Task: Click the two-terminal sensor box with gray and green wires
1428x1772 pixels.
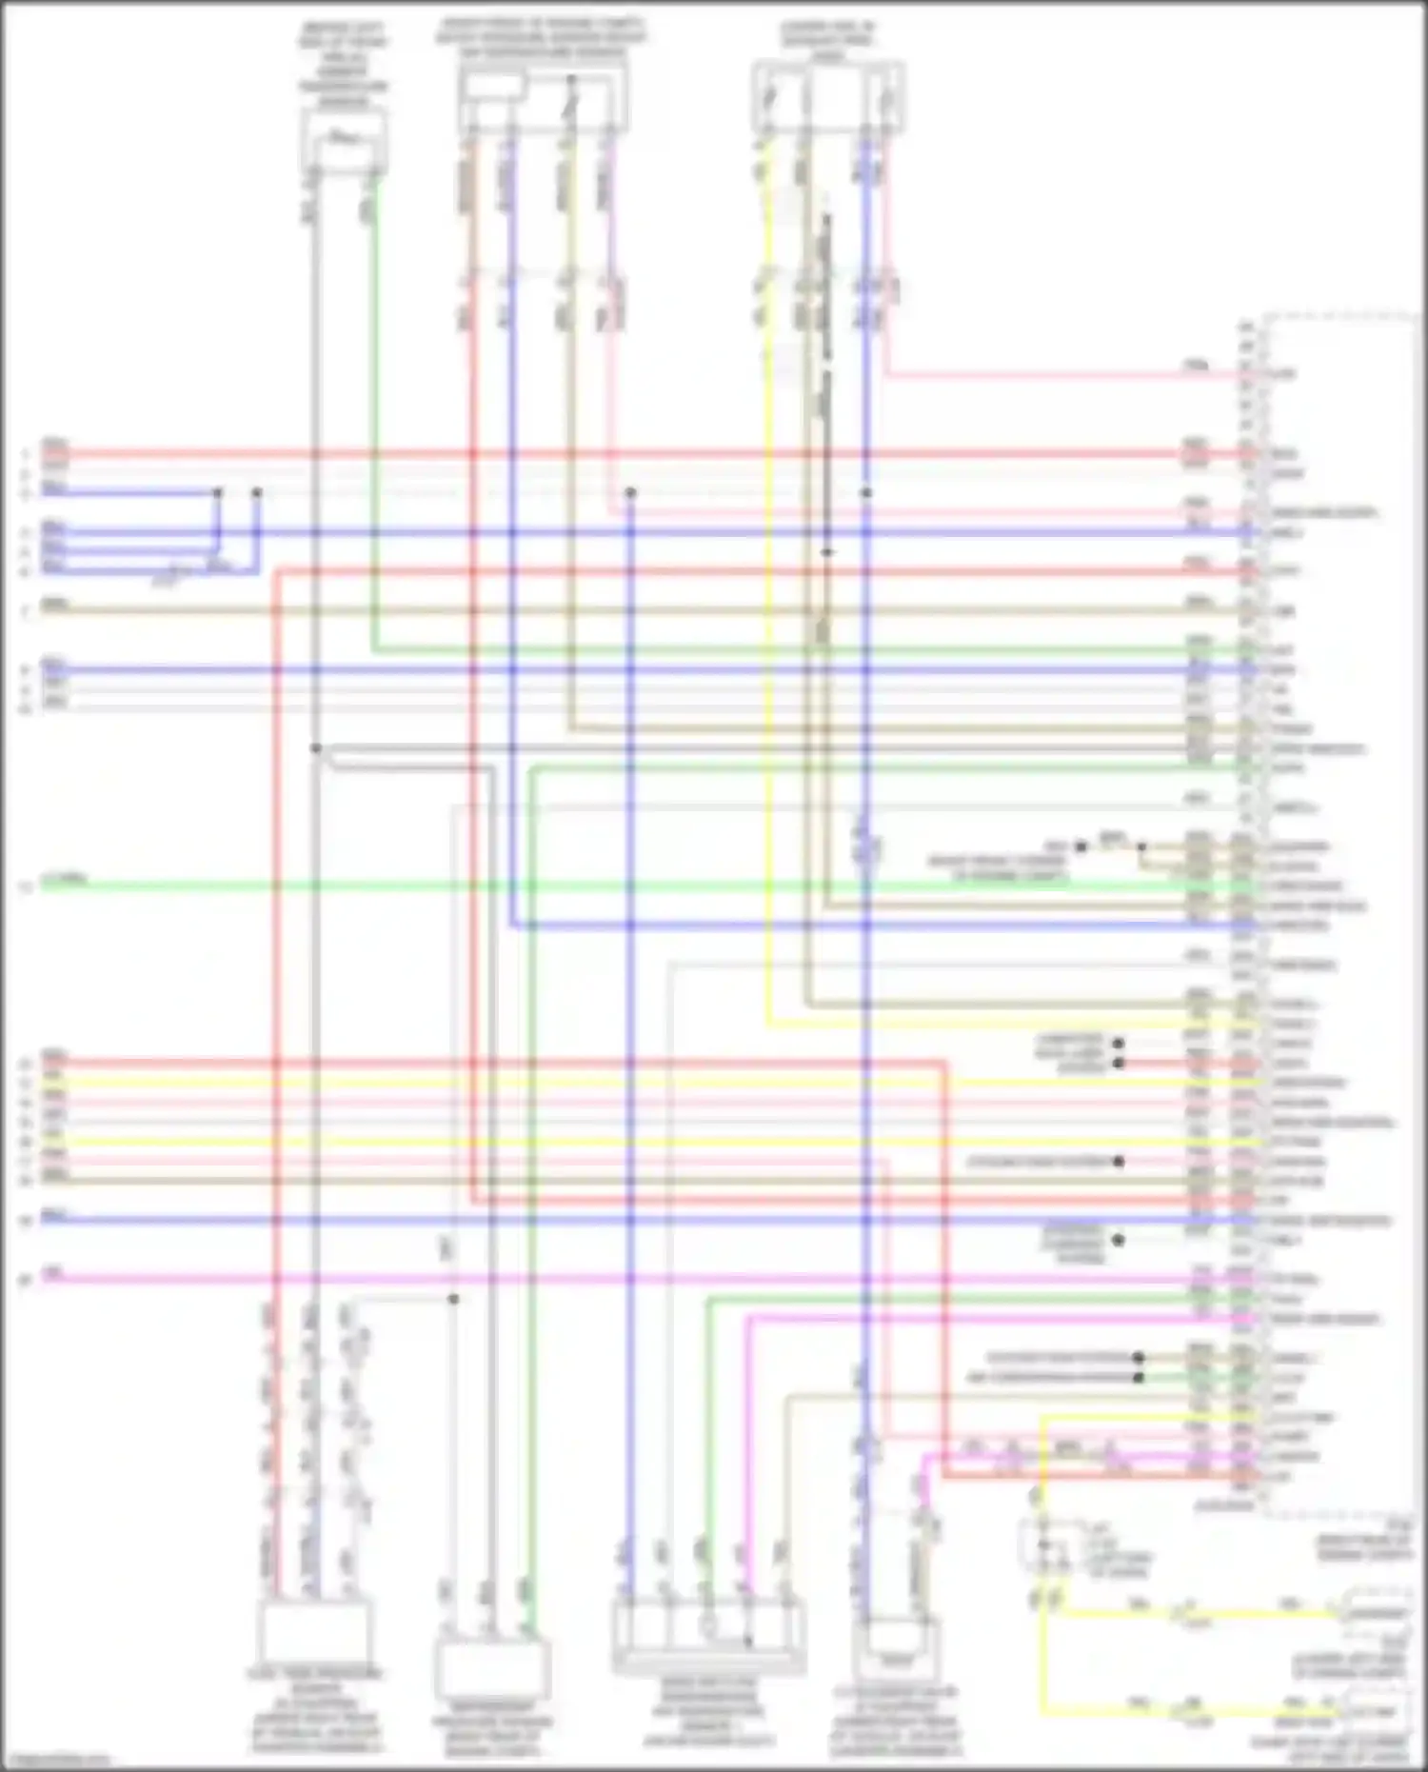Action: point(344,140)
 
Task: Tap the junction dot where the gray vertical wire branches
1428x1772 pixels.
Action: point(316,748)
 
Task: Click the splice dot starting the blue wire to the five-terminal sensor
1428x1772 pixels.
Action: point(630,493)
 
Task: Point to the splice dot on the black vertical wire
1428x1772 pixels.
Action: point(826,552)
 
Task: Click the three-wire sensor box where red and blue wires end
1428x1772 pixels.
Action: point(314,1630)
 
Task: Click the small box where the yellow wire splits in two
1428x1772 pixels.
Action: point(1044,1546)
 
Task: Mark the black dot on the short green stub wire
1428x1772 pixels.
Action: point(1139,1378)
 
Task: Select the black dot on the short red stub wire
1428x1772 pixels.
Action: point(1119,1063)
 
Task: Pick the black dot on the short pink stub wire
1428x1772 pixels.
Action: point(1119,1162)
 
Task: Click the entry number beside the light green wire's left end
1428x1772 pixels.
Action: point(26,886)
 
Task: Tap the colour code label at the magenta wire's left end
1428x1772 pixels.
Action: point(54,1272)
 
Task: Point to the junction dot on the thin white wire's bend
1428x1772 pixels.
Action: point(454,1299)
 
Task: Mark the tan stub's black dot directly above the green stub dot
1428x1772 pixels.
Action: point(1139,1358)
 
